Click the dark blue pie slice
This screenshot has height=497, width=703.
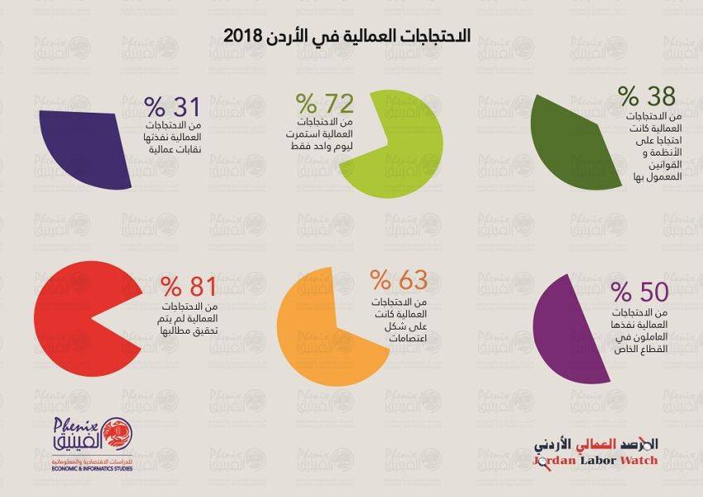[x=83, y=145]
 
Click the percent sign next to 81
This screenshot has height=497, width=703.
[x=172, y=287]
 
